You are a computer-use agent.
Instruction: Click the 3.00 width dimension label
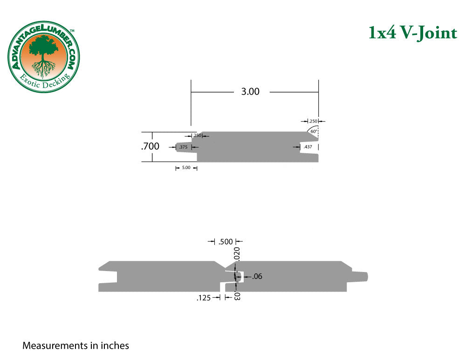250,92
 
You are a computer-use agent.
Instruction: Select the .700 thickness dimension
151,146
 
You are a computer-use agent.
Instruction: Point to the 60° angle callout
314,131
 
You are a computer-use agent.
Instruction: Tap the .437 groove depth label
308,147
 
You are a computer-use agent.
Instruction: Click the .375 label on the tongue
184,147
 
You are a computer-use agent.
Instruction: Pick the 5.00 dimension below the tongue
186,168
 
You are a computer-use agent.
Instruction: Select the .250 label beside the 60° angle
313,121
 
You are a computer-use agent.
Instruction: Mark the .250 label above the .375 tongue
197,136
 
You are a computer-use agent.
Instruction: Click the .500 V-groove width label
226,241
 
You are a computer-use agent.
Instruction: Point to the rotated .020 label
237,254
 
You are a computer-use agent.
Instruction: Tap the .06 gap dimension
257,277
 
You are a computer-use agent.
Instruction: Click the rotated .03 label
237,295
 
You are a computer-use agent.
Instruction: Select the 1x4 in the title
381,33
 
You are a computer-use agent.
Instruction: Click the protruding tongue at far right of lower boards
360,276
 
